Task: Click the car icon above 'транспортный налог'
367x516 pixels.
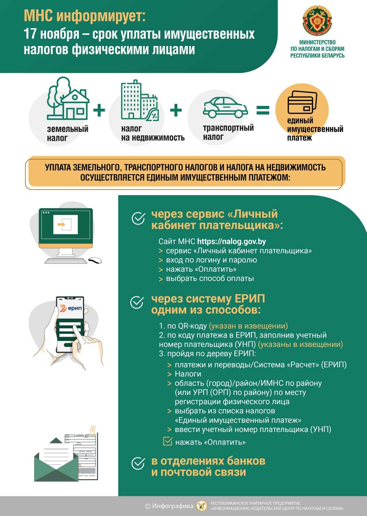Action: pos(225,107)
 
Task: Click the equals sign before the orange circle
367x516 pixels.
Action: pos(263,110)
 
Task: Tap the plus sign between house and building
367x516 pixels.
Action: pos(99,110)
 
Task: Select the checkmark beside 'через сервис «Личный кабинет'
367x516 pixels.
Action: pos(138,219)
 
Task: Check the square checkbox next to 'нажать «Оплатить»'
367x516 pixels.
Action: pos(167,441)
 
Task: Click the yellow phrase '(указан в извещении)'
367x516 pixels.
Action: pos(248,325)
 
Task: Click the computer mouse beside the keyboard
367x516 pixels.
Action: pos(95,260)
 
